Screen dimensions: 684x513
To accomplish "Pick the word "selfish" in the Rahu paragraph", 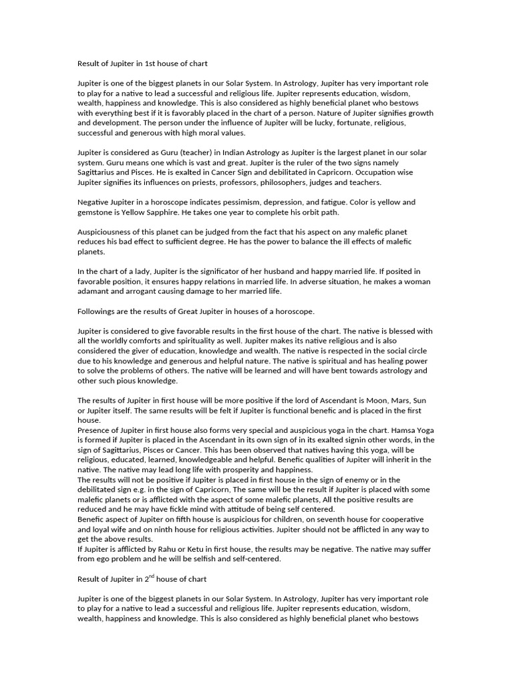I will (219, 559).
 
